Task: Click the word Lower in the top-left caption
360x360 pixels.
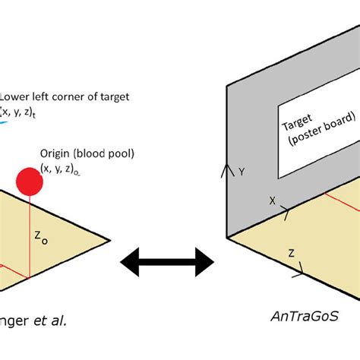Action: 16,96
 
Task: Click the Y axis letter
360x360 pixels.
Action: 242,173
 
